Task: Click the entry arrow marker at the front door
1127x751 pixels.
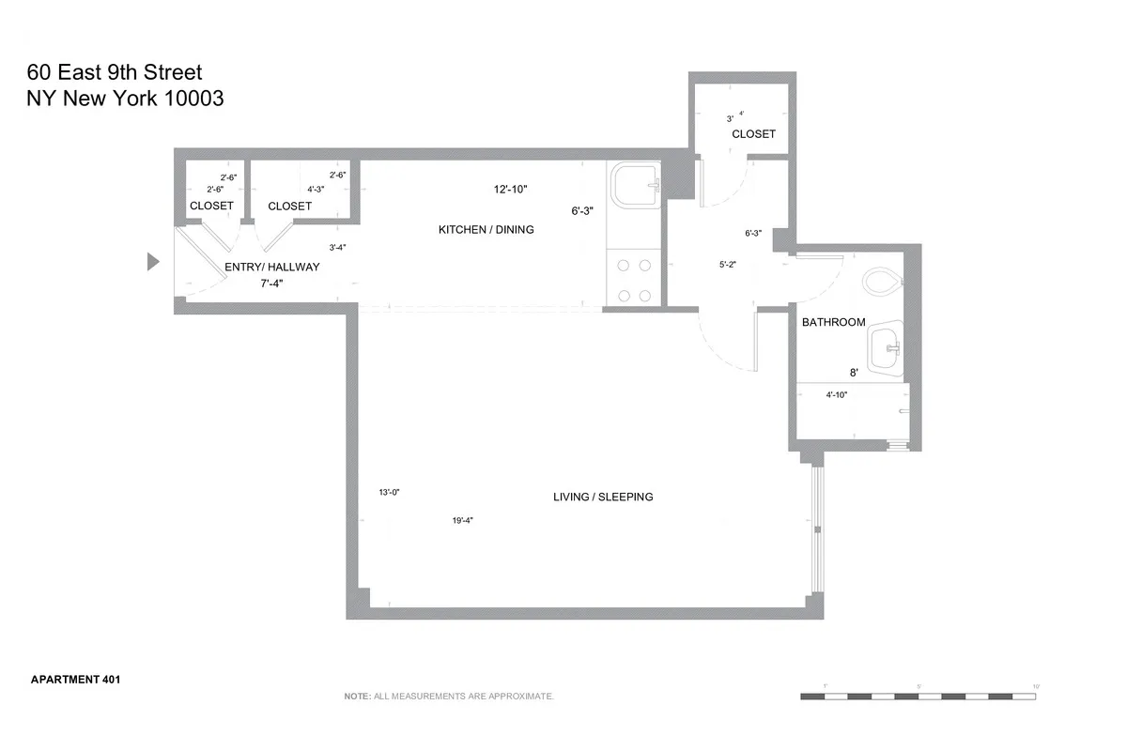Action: (153, 262)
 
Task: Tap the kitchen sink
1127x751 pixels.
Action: (636, 185)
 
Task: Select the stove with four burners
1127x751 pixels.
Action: (635, 280)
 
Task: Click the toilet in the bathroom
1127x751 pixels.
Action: (880, 281)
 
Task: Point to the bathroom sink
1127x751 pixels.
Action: (886, 348)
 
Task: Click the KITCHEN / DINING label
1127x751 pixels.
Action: (486, 230)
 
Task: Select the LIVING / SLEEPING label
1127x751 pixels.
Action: (602, 497)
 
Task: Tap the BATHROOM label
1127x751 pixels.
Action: (833, 322)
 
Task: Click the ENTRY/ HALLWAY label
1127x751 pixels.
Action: (272, 268)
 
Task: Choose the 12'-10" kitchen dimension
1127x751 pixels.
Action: (511, 190)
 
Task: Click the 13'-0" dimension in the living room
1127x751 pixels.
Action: (389, 492)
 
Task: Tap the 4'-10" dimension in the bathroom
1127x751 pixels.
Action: (837, 395)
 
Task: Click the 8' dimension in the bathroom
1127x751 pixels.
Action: (854, 373)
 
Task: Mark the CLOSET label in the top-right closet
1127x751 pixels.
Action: (753, 134)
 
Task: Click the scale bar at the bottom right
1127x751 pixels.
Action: (919, 697)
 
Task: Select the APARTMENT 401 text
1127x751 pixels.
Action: (75, 679)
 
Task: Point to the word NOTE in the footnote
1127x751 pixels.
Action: (357, 697)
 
